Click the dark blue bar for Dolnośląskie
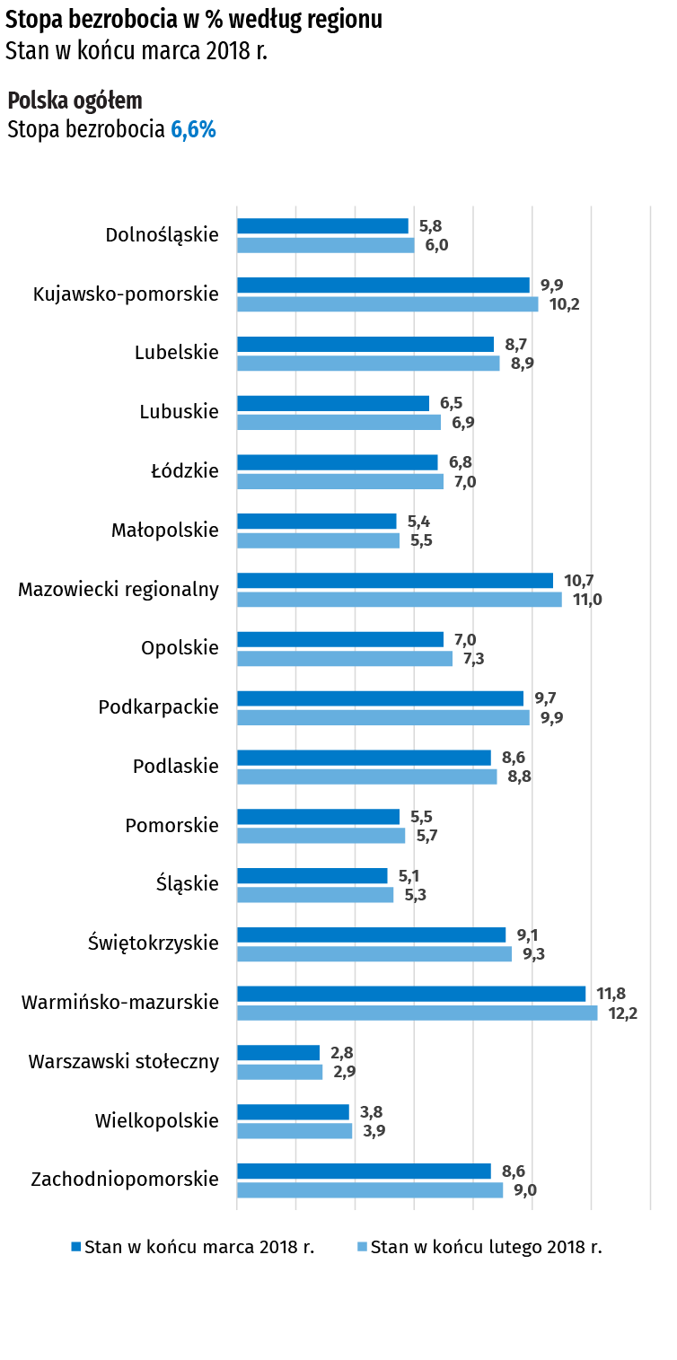(322, 226)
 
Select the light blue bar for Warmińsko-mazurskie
(418, 1013)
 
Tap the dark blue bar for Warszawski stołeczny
(278, 1053)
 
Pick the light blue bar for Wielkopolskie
(295, 1132)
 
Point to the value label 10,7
(578, 581)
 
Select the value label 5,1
(410, 876)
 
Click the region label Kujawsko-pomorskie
(126, 294)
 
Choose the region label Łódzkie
(184, 470)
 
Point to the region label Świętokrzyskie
(153, 943)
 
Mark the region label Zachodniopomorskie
(125, 1179)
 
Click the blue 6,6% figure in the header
(193, 130)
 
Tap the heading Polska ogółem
(75, 101)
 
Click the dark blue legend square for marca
(76, 1247)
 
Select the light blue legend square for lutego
(363, 1247)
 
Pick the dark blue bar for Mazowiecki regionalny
(395, 581)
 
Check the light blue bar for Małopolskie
(318, 540)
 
